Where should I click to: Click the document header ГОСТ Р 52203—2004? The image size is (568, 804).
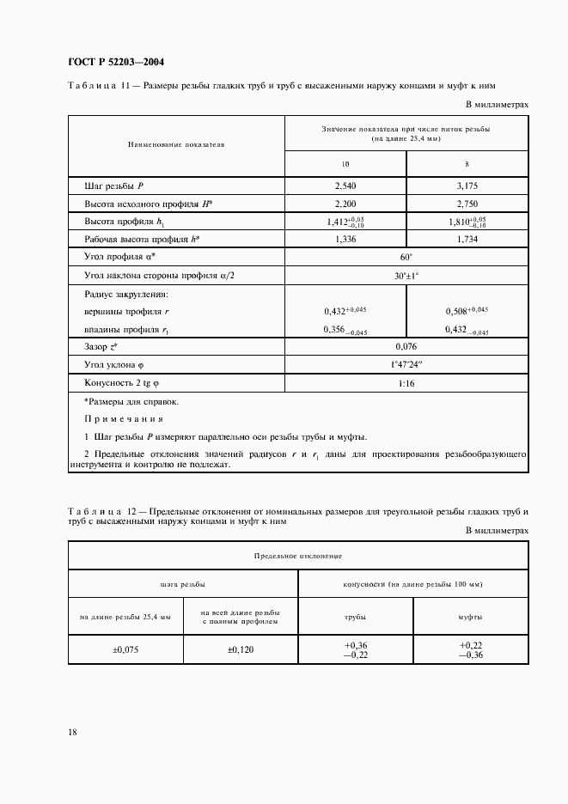(x=115, y=62)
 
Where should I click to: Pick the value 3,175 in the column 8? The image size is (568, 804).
(x=467, y=186)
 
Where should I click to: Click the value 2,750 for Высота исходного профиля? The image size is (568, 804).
(x=467, y=204)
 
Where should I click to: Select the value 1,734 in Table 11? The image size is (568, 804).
(x=467, y=240)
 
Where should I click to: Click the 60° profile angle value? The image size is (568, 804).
(x=406, y=258)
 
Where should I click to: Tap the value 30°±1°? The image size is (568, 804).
(x=406, y=276)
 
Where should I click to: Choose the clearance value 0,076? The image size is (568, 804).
(x=406, y=346)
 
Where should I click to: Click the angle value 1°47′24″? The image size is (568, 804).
(x=406, y=364)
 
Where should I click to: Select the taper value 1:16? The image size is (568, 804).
(x=406, y=382)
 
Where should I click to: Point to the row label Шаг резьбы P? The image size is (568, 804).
(x=113, y=186)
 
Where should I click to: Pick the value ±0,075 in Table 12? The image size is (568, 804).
(x=125, y=650)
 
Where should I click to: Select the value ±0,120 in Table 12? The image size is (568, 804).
(x=241, y=650)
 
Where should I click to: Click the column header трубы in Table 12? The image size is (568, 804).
(x=355, y=617)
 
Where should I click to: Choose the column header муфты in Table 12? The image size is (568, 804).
(x=470, y=617)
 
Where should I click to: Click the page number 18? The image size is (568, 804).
(x=73, y=732)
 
